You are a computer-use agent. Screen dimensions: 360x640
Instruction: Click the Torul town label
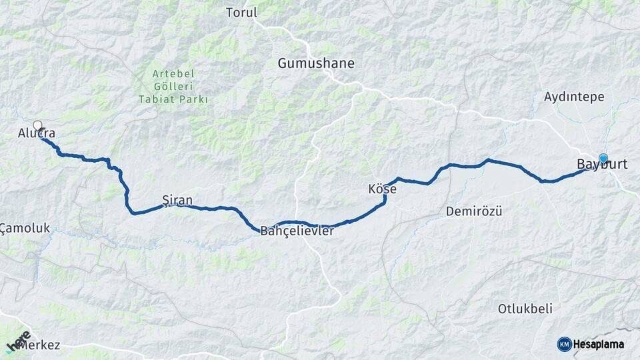241,13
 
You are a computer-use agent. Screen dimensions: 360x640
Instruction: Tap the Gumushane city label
316,63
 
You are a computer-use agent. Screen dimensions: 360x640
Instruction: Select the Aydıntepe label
574,97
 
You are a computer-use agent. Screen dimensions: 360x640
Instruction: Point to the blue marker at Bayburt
603,158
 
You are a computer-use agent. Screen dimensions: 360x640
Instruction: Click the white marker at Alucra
37,125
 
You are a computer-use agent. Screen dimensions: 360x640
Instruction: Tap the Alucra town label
37,135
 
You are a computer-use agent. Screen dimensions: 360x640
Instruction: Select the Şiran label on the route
177,199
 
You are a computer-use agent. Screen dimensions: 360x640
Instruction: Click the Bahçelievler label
297,231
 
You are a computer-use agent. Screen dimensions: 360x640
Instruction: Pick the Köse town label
382,189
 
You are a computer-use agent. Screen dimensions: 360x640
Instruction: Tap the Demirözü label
473,211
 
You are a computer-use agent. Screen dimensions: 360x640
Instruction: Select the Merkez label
41,345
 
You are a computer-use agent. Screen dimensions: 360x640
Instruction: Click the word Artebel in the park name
173,73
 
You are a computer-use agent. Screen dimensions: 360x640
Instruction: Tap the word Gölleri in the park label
173,86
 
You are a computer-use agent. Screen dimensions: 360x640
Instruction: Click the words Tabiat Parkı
173,99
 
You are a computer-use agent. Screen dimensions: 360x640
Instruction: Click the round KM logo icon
564,344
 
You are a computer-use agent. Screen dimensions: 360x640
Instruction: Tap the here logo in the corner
18,341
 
